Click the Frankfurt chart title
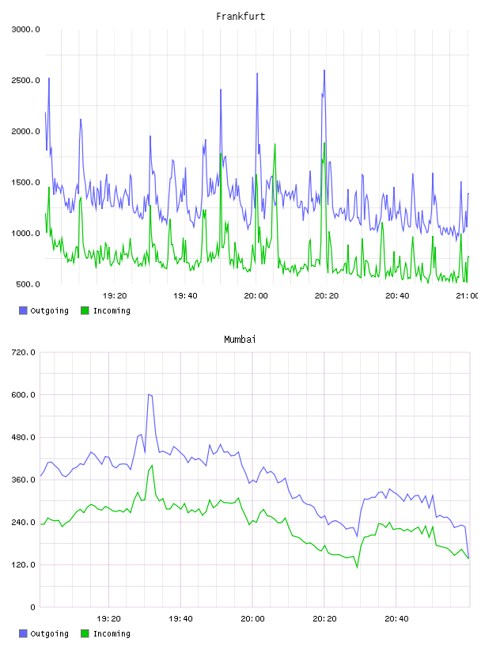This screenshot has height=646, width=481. pyautogui.click(x=240, y=16)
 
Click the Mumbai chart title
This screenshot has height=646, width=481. pyautogui.click(x=240, y=339)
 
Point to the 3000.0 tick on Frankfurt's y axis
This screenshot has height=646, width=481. pyautogui.click(x=25, y=29)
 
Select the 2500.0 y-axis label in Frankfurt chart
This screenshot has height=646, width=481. pyautogui.click(x=25, y=80)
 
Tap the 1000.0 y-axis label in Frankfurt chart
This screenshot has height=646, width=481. pyautogui.click(x=25, y=234)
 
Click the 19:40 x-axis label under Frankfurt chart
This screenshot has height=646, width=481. pyautogui.click(x=185, y=295)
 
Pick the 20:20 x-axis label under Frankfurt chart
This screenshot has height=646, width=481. pyautogui.click(x=327, y=295)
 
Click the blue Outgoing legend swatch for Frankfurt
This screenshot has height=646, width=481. pyautogui.click(x=23, y=310)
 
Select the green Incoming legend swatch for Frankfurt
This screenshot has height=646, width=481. pyautogui.click(x=85, y=310)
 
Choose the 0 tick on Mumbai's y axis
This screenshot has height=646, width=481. pyautogui.click(x=33, y=607)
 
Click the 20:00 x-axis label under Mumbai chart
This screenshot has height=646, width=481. pyautogui.click(x=253, y=618)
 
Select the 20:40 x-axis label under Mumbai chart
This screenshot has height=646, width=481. pyautogui.click(x=396, y=618)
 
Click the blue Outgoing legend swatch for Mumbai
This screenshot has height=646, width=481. pyautogui.click(x=23, y=633)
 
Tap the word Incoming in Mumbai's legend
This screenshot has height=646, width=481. pyautogui.click(x=112, y=633)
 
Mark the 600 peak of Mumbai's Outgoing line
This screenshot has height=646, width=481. pyautogui.click(x=149, y=394)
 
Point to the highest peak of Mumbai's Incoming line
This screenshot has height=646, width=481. pyautogui.click(x=152, y=465)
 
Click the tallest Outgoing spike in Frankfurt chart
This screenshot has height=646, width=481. pyautogui.click(x=324, y=70)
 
